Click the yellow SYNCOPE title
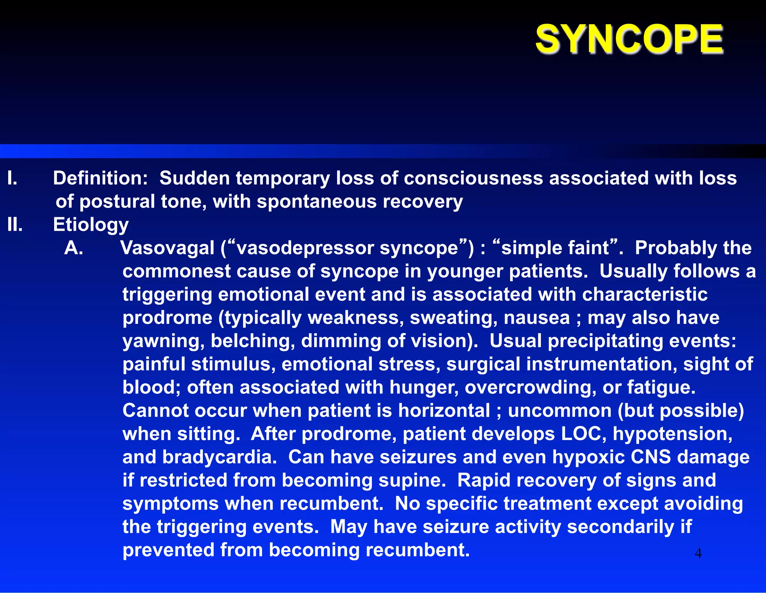tap(629, 39)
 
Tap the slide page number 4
tap(698, 553)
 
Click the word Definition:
tap(101, 178)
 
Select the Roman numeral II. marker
tap(15, 225)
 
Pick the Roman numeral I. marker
tap(12, 178)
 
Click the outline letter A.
tap(74, 248)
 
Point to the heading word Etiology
tap(91, 225)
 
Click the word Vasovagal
tap(168, 248)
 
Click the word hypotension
tap(672, 434)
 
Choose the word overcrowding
tap(530, 387)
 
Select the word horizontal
tap(444, 411)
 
